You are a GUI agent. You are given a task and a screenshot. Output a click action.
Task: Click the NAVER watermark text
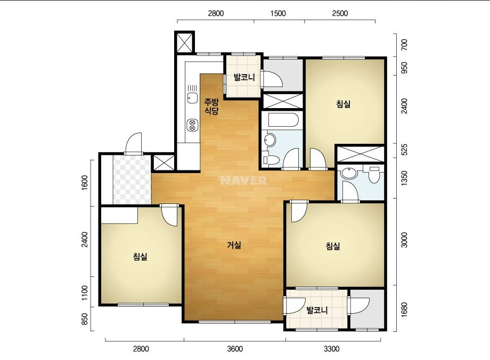tap(243, 181)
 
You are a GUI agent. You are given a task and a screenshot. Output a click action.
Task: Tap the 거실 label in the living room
tap(234, 245)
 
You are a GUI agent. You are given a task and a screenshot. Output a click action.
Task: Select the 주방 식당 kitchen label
tap(211, 107)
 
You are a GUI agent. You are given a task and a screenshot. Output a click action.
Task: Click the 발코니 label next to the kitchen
tap(244, 77)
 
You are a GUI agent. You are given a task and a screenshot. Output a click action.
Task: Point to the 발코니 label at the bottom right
tap(317, 310)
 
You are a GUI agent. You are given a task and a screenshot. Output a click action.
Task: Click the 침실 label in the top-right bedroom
tap(344, 104)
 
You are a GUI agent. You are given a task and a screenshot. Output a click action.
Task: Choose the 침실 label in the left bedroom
tap(140, 257)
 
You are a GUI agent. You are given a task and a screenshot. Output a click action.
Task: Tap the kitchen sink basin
tap(192, 98)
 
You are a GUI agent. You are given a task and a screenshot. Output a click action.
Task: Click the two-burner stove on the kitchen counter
tap(192, 125)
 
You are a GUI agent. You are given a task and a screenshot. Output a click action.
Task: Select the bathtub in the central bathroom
tap(283, 120)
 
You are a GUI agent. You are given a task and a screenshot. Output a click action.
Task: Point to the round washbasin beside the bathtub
tap(269, 140)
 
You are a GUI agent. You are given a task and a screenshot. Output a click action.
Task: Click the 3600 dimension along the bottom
tap(235, 348)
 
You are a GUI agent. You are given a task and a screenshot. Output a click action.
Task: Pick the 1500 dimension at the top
tap(278, 13)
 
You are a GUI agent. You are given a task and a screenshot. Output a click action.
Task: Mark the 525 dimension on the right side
tap(404, 150)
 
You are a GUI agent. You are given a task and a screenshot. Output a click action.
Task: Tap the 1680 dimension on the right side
tap(404, 310)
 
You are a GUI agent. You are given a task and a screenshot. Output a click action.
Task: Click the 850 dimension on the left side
tap(85, 319)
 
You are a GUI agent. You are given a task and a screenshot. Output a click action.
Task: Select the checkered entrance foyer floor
tap(132, 179)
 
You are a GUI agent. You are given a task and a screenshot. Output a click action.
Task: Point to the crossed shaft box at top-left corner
tap(184, 43)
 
